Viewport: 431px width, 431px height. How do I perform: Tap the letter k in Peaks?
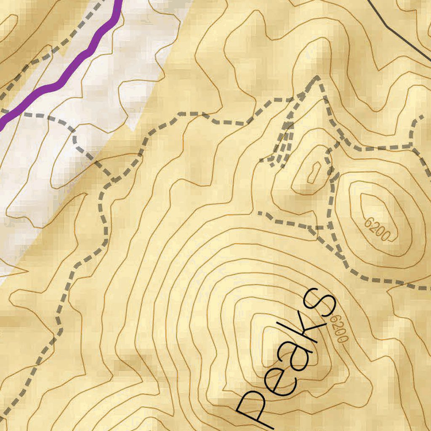306,333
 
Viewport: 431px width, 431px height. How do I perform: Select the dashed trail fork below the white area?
110,179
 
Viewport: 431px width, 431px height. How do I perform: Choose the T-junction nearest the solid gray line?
412,146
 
